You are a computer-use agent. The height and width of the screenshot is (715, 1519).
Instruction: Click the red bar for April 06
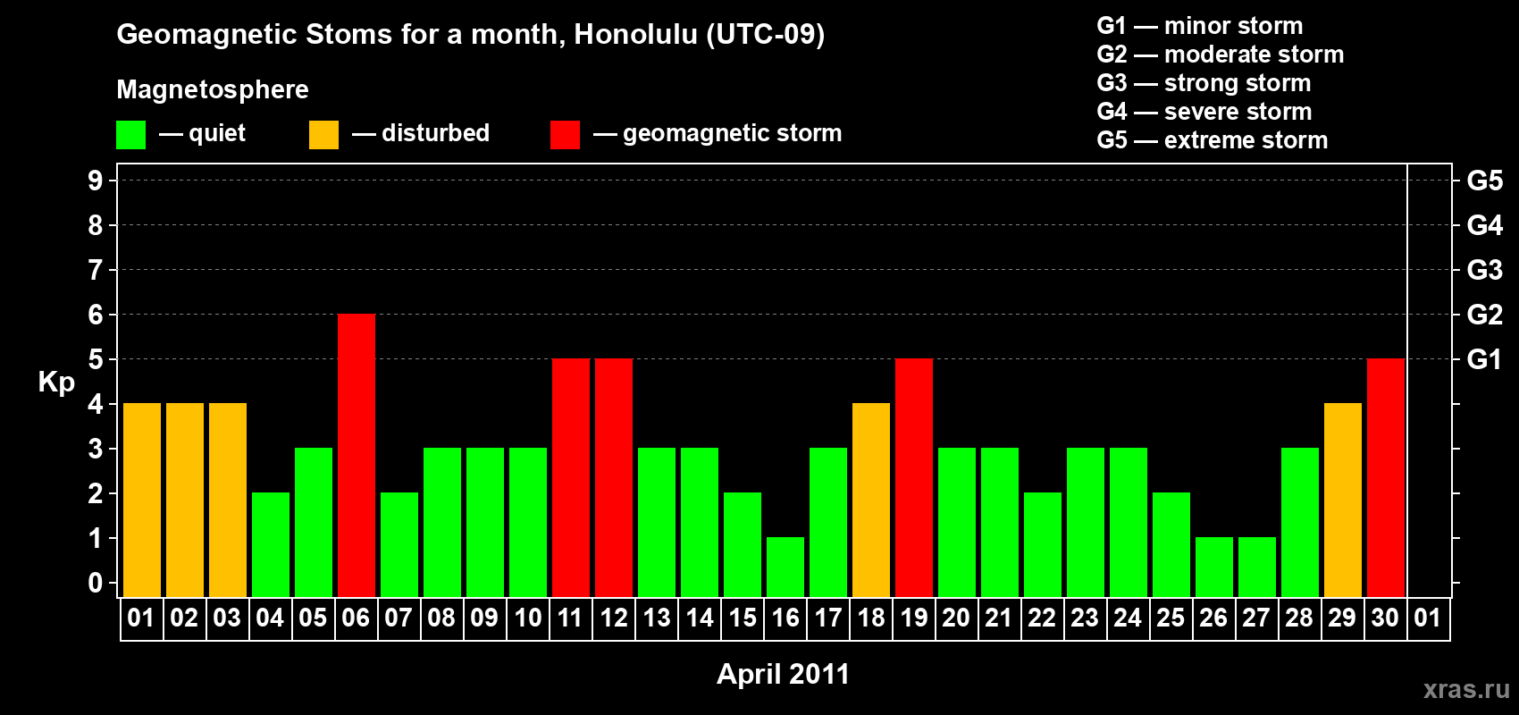pos(356,455)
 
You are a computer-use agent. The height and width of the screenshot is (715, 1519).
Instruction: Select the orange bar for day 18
pos(870,500)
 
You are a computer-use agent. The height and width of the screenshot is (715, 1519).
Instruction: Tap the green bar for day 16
pos(785,568)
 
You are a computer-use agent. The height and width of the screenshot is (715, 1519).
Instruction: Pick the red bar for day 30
pos(1385,477)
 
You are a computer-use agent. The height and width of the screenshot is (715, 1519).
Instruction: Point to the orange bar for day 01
pos(142,500)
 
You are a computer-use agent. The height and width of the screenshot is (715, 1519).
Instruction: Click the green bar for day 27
pos(1256,568)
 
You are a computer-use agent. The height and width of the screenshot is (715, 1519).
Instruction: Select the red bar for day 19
pos(913,477)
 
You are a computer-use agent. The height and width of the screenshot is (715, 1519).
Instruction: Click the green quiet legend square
pos(130,134)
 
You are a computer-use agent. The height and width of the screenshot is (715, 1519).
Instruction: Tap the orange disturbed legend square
pos(323,134)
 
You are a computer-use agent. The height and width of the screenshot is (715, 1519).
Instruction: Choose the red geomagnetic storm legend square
pos(565,134)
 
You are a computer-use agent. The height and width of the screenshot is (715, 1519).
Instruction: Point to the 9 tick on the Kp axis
pos(95,181)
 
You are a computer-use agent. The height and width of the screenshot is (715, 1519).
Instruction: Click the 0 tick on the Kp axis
pos(95,583)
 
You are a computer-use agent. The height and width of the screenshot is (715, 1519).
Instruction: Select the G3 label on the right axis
pos(1484,270)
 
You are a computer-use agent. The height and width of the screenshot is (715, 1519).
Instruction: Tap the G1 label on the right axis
pos(1484,359)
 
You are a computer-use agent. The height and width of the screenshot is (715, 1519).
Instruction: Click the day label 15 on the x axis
pos(743,618)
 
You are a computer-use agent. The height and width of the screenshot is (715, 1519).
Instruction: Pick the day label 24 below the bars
pos(1128,618)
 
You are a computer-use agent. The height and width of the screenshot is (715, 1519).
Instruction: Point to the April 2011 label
pos(784,674)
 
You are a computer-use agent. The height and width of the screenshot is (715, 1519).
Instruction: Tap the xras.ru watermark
pos(1466,689)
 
